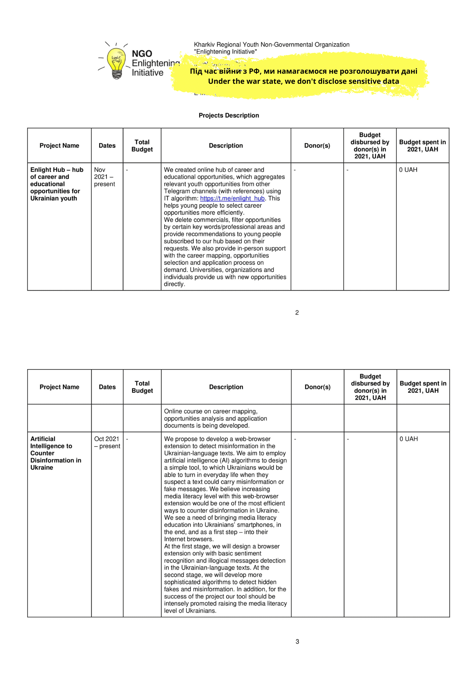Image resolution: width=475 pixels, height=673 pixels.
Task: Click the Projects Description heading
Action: pyautogui.click(x=229, y=115)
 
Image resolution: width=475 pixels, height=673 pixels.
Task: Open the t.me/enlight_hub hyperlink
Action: pyautogui.click(x=232, y=199)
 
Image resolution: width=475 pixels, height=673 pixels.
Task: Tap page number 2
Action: pyautogui.click(x=297, y=313)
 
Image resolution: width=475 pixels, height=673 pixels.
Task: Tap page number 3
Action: pyautogui.click(x=297, y=642)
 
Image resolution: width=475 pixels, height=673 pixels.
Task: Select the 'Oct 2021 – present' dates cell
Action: pyautogui.click(x=107, y=442)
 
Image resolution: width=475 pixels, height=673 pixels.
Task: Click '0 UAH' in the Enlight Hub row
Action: pyautogui.click(x=408, y=170)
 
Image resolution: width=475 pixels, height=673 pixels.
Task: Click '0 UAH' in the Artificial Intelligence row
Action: pyautogui.click(x=408, y=439)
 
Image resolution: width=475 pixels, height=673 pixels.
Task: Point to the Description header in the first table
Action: pyautogui.click(x=226, y=146)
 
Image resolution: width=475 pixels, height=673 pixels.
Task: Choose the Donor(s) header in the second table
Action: pyautogui.click(x=317, y=387)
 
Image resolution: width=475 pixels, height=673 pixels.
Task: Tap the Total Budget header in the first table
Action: pyautogui.click(x=142, y=146)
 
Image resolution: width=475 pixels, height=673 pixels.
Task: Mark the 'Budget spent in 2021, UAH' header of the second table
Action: pyautogui.click(x=423, y=387)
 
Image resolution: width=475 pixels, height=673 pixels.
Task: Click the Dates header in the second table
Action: pyautogui.click(x=107, y=387)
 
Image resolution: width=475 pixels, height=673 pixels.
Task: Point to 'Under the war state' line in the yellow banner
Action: pyautogui.click(x=303, y=81)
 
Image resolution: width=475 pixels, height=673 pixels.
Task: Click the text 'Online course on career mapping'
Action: pyautogui.click(x=211, y=411)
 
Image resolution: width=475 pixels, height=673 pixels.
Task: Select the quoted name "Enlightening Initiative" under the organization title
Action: pyautogui.click(x=225, y=52)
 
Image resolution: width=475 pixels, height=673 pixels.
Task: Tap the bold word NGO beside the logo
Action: pyautogui.click(x=142, y=54)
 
